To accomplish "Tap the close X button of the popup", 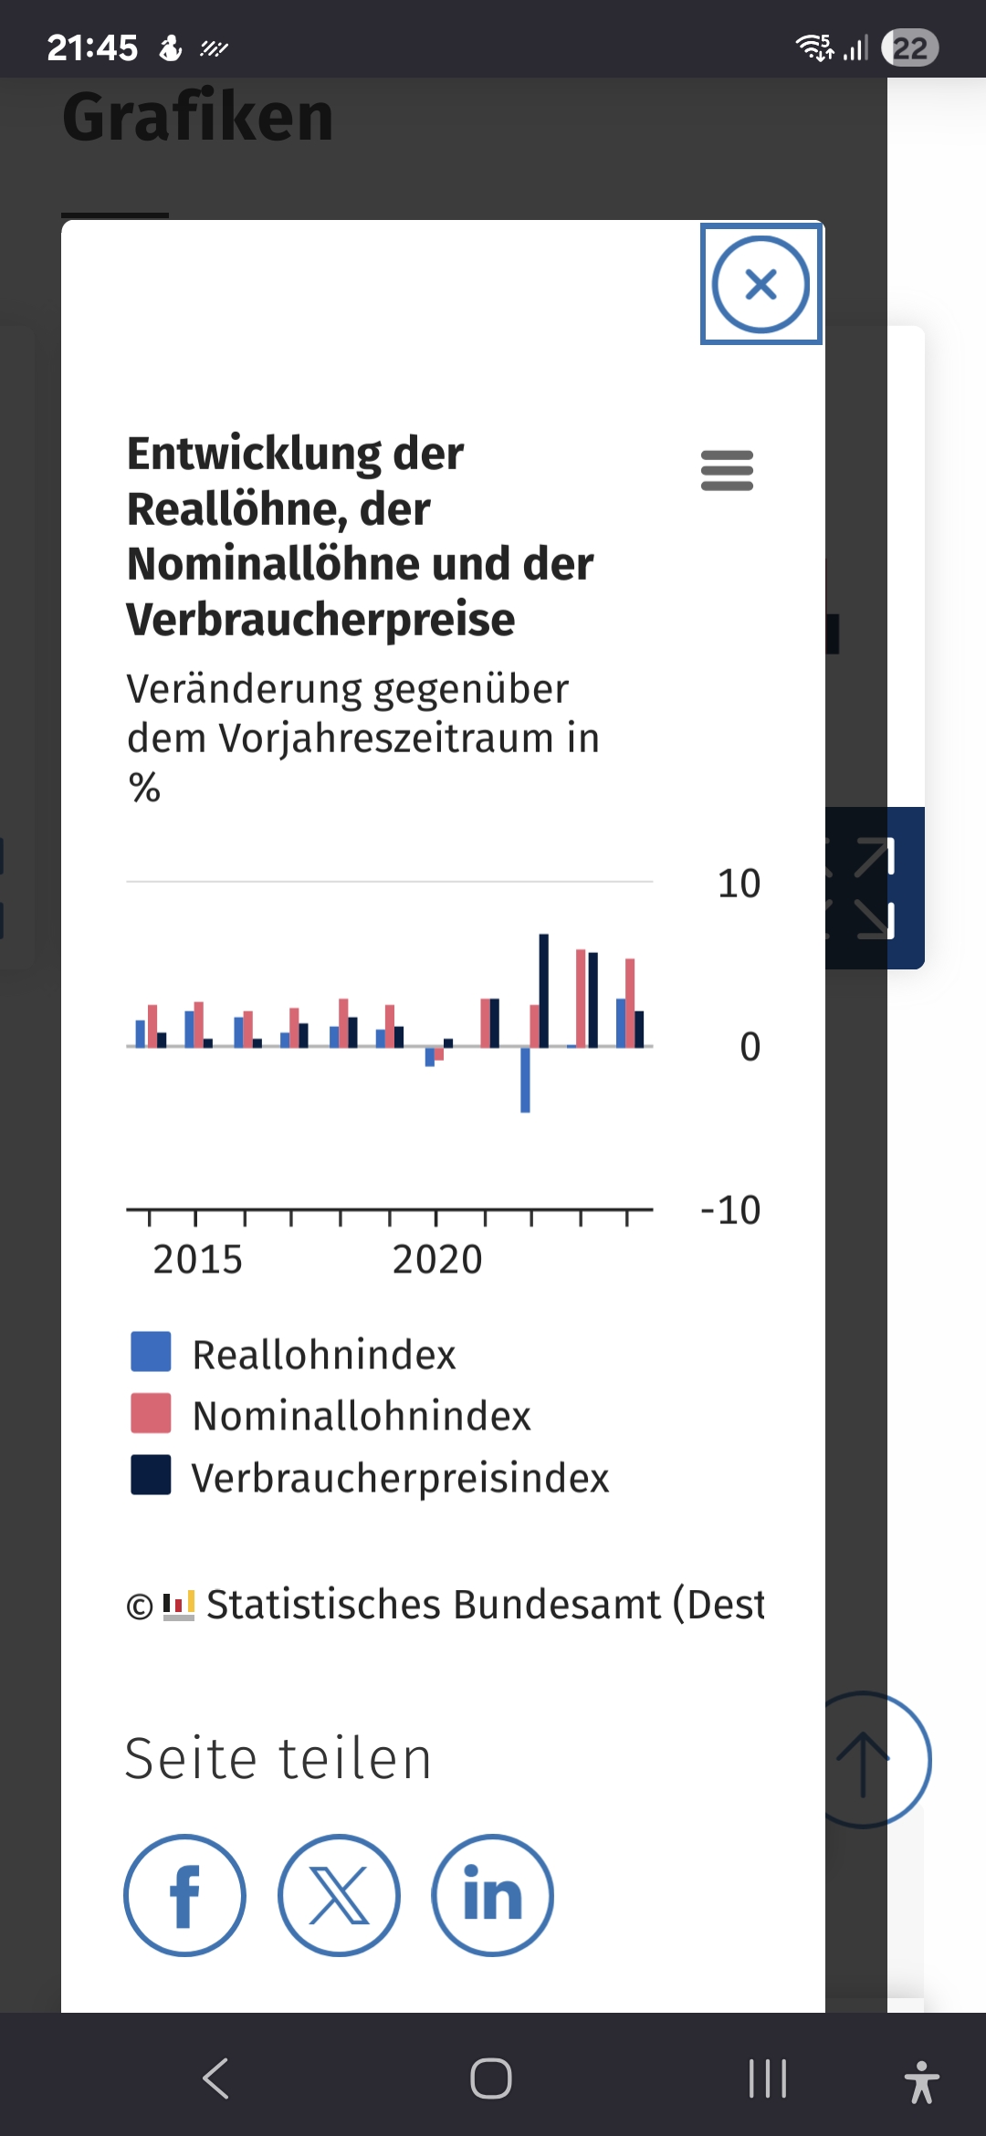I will (x=760, y=284).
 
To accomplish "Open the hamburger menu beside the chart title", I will (x=727, y=470).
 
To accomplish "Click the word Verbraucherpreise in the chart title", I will (x=320, y=620).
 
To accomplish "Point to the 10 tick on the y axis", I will (x=739, y=884).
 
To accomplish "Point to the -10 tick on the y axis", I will (x=730, y=1210).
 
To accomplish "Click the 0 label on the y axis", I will (x=750, y=1047).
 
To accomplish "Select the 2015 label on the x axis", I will (x=197, y=1260).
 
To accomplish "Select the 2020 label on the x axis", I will (x=437, y=1260).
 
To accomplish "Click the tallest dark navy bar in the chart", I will (x=544, y=990).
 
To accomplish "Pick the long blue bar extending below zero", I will (x=525, y=1080).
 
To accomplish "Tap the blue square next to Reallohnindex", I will (x=151, y=1352).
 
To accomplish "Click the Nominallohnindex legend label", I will (x=362, y=1416).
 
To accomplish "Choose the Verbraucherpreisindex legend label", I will (x=400, y=1478).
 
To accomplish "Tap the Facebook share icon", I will (x=184, y=1895).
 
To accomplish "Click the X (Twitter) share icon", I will (x=339, y=1895).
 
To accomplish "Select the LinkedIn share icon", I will (x=492, y=1895).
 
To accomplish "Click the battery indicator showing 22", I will (x=909, y=47).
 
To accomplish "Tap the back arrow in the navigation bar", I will (x=215, y=2078).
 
